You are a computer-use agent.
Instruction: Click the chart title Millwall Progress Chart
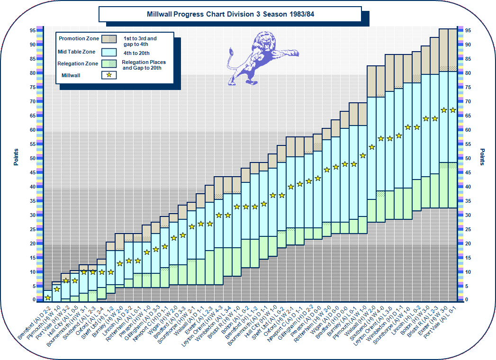click(230, 14)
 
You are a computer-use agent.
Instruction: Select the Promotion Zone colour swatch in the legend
click(109, 39)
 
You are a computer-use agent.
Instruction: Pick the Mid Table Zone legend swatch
click(109, 51)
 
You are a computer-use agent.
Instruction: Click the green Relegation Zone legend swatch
click(109, 63)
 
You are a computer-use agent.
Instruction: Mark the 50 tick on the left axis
click(33, 158)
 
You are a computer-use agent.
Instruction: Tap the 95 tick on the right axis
click(468, 30)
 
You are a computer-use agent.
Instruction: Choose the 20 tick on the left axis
click(33, 243)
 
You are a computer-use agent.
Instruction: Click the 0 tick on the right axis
click(468, 300)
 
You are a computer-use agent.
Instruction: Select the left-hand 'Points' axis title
click(16, 157)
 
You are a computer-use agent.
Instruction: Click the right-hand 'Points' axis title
click(482, 157)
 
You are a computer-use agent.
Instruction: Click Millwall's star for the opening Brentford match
click(48, 297)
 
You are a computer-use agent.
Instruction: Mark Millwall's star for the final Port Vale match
click(452, 110)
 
